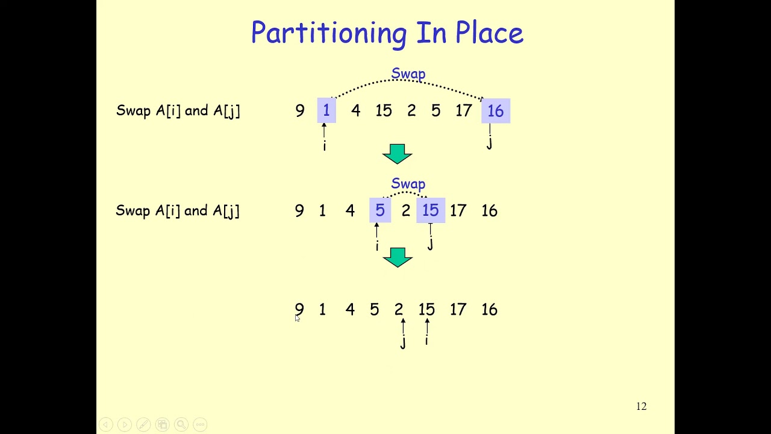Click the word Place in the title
(x=489, y=33)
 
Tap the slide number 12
(x=641, y=407)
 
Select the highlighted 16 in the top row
(x=495, y=112)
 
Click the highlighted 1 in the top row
(x=326, y=111)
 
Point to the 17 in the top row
(x=463, y=111)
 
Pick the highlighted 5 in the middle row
(x=379, y=211)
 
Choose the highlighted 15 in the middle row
(x=430, y=211)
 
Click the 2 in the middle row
(x=405, y=211)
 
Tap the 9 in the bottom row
(x=299, y=310)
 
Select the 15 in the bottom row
(x=426, y=310)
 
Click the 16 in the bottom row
(x=489, y=310)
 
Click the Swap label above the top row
(x=408, y=74)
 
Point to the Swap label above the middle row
(x=408, y=184)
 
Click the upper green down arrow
(x=397, y=154)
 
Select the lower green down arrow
(x=397, y=257)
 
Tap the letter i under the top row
(x=324, y=146)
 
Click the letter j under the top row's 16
(x=489, y=143)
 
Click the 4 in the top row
(x=355, y=111)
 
